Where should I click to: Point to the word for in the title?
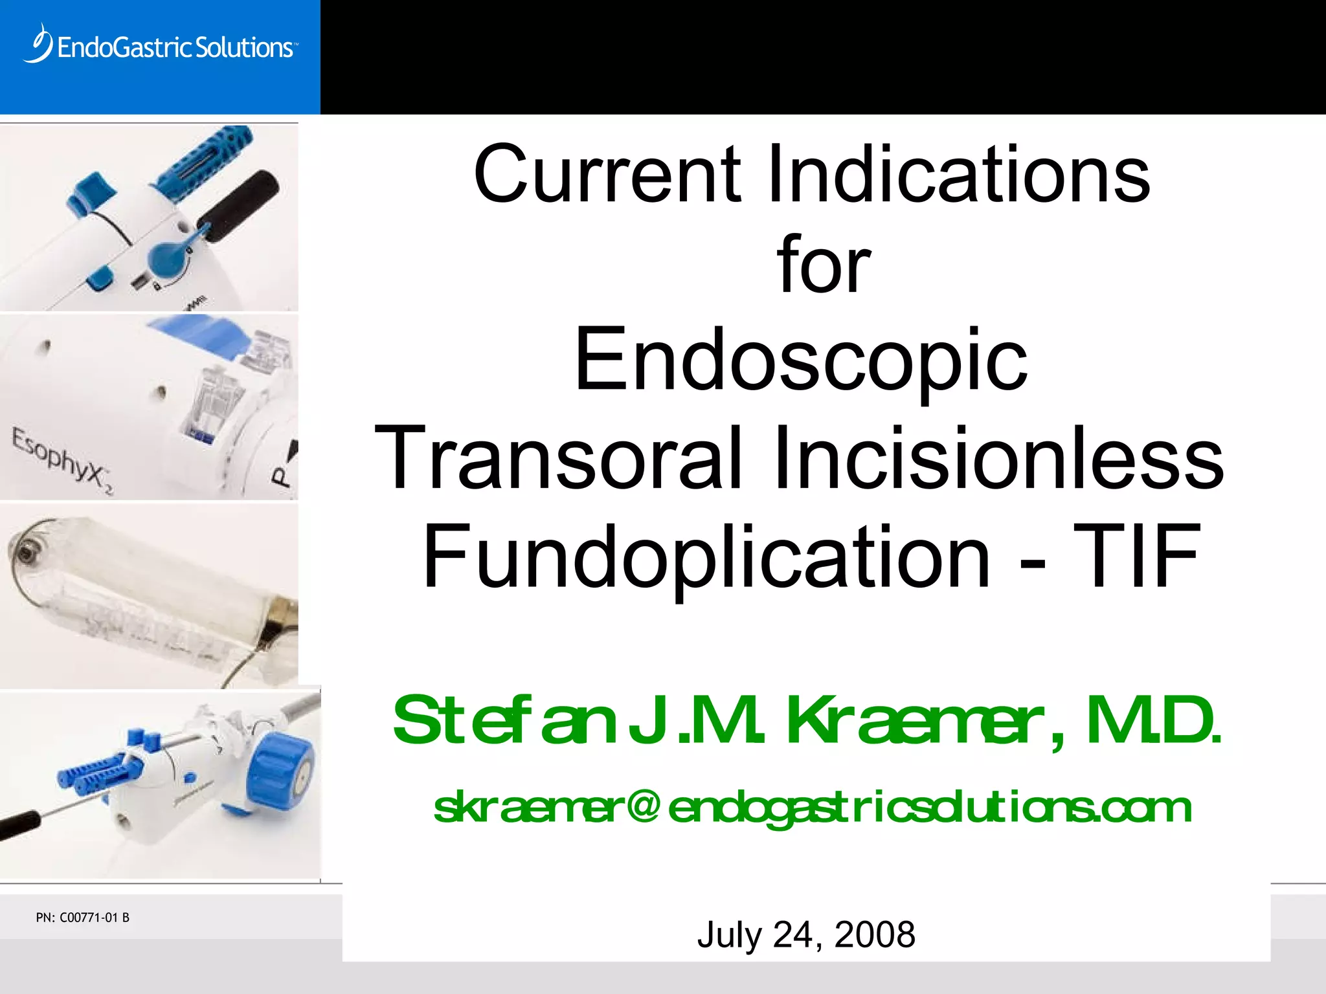pos(824,265)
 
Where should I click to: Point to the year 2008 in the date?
pos(875,934)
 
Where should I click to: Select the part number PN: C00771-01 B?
pos(83,918)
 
